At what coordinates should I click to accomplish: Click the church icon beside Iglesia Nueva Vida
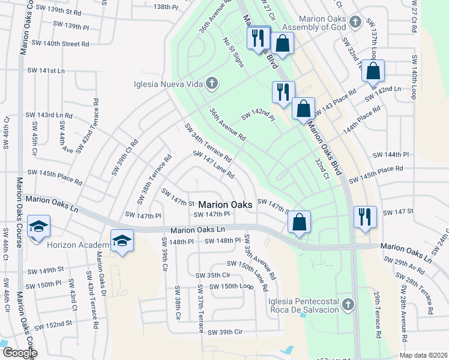coord(211,83)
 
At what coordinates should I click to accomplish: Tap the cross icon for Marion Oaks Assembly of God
coord(355,22)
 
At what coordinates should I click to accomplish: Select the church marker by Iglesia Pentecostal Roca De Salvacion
coord(347,305)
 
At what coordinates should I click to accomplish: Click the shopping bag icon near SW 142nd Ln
coord(373,71)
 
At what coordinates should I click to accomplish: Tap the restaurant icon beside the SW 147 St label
coord(364,217)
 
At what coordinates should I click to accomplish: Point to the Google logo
coord(20,353)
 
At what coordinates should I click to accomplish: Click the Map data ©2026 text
coord(423,355)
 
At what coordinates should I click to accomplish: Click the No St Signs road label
coord(234,52)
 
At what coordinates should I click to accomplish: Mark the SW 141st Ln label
coord(46,70)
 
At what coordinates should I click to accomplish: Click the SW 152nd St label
coord(53,325)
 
